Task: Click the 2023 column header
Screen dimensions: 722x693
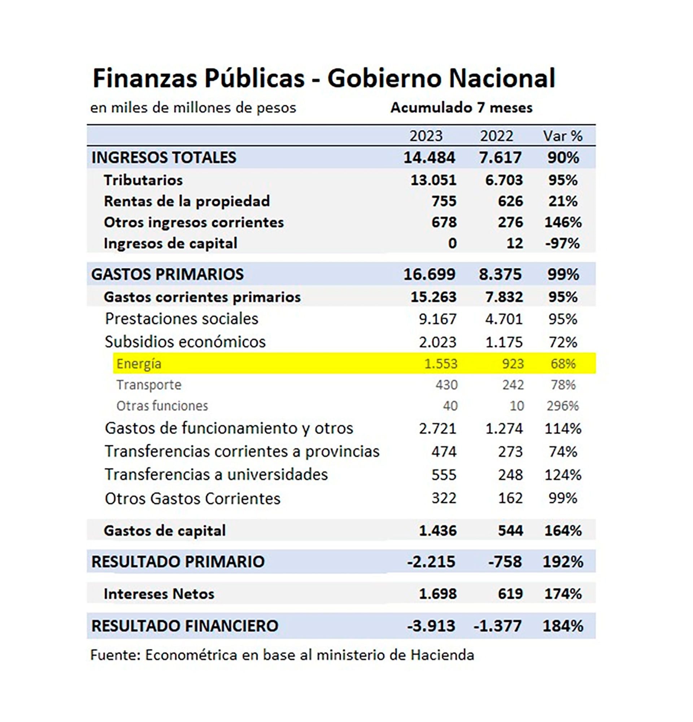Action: (426, 136)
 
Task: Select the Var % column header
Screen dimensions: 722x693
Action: (562, 136)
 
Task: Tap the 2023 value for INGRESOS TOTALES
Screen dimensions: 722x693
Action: (429, 158)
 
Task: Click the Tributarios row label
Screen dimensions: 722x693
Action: (143, 180)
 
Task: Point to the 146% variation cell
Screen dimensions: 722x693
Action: (563, 222)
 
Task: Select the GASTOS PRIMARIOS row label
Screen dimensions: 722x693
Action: (167, 274)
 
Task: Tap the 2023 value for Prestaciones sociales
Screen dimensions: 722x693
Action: (437, 319)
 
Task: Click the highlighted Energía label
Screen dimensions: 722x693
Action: (139, 364)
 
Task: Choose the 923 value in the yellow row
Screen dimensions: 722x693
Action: (513, 364)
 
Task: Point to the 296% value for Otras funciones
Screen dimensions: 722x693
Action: (562, 405)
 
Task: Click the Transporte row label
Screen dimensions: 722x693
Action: (149, 384)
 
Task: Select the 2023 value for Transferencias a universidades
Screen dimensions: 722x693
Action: (444, 475)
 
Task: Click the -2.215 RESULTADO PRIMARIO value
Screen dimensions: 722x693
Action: (431, 562)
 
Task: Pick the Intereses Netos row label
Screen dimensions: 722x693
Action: (159, 594)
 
